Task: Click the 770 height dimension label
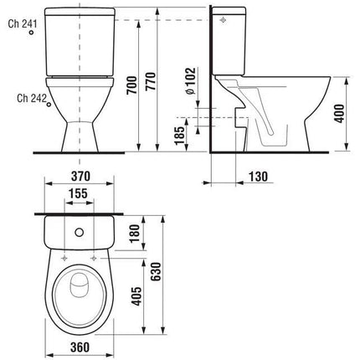click(x=151, y=81)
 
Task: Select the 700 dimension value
click(x=132, y=85)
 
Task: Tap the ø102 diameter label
click(x=192, y=81)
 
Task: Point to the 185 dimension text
click(x=179, y=136)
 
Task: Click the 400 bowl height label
click(x=339, y=113)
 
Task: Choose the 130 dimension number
click(x=258, y=177)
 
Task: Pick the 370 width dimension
click(x=80, y=176)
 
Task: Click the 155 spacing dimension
click(x=78, y=193)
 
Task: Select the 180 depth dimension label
click(x=134, y=233)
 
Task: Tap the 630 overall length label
click(x=156, y=272)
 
